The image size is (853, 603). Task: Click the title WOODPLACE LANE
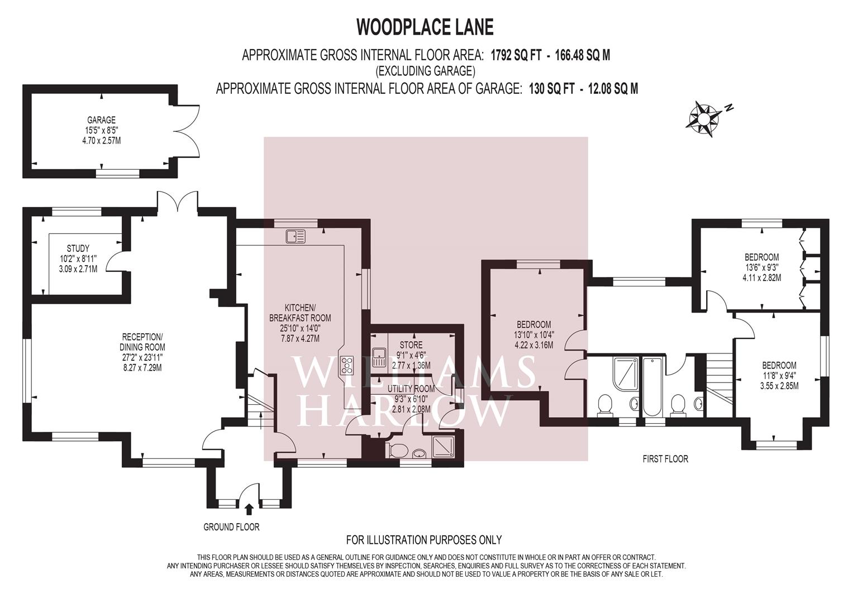tap(425, 26)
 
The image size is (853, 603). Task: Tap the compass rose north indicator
tap(704, 118)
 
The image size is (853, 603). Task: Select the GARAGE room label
tap(101, 130)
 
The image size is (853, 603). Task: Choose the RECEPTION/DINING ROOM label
tap(142, 352)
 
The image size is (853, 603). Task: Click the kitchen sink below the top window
tap(296, 237)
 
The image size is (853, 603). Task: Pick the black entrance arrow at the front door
tap(249, 509)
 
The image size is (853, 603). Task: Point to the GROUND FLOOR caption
tap(231, 527)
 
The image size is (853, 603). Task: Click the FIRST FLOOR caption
tap(665, 459)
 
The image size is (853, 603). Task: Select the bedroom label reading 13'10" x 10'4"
tap(533, 334)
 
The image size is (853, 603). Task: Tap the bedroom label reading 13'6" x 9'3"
tap(761, 267)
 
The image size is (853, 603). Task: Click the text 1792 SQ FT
tap(513, 55)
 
